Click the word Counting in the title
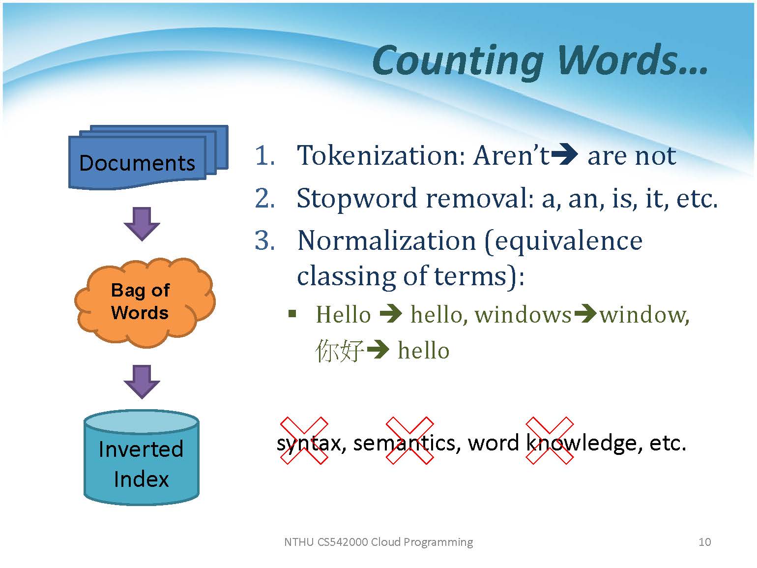coord(458,61)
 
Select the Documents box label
coord(137,163)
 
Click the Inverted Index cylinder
coord(142,457)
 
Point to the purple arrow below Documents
coord(142,224)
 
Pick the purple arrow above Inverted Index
coord(142,382)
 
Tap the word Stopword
coord(357,199)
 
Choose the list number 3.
coord(265,240)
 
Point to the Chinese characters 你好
coord(340,351)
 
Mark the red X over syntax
coord(304,441)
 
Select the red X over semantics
coord(409,441)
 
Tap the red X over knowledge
coord(550,441)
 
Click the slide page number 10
coord(704,542)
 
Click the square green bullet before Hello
coord(292,314)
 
